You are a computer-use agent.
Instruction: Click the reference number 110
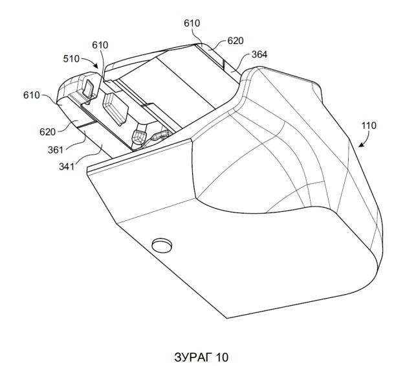click(369, 125)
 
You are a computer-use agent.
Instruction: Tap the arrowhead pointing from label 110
click(361, 144)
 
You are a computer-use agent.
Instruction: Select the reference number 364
click(259, 54)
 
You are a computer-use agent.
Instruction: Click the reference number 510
click(71, 59)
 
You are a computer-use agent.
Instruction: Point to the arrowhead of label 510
click(96, 66)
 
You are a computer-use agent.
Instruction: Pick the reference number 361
click(56, 150)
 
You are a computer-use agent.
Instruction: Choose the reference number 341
click(67, 166)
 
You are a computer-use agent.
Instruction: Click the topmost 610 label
click(192, 23)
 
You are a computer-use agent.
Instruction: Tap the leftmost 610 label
click(32, 95)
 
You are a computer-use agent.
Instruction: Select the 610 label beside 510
click(100, 45)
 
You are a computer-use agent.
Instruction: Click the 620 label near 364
click(235, 41)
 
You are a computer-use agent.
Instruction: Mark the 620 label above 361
click(47, 132)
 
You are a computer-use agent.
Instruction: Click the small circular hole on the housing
click(162, 244)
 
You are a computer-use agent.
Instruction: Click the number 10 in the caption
click(222, 357)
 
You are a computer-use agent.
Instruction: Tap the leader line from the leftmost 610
click(49, 98)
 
